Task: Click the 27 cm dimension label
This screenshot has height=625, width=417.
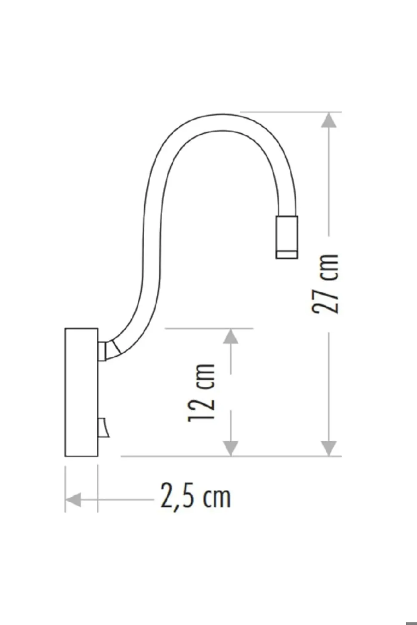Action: point(326,283)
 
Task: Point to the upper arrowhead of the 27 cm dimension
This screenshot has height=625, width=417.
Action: point(329,121)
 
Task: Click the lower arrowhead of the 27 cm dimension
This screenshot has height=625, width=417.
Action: point(329,448)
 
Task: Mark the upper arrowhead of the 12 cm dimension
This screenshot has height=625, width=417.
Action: point(231,337)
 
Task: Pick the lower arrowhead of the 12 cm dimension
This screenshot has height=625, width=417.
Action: point(231,448)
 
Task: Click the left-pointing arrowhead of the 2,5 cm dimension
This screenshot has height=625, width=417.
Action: point(73,499)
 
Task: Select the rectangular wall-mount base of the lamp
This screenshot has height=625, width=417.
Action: point(81,392)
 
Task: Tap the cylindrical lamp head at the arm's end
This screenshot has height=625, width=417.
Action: point(286,235)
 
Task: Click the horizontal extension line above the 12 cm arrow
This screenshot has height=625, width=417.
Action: point(208,328)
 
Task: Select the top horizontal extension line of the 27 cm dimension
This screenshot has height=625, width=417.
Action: point(292,112)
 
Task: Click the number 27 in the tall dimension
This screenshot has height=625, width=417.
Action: point(326,299)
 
